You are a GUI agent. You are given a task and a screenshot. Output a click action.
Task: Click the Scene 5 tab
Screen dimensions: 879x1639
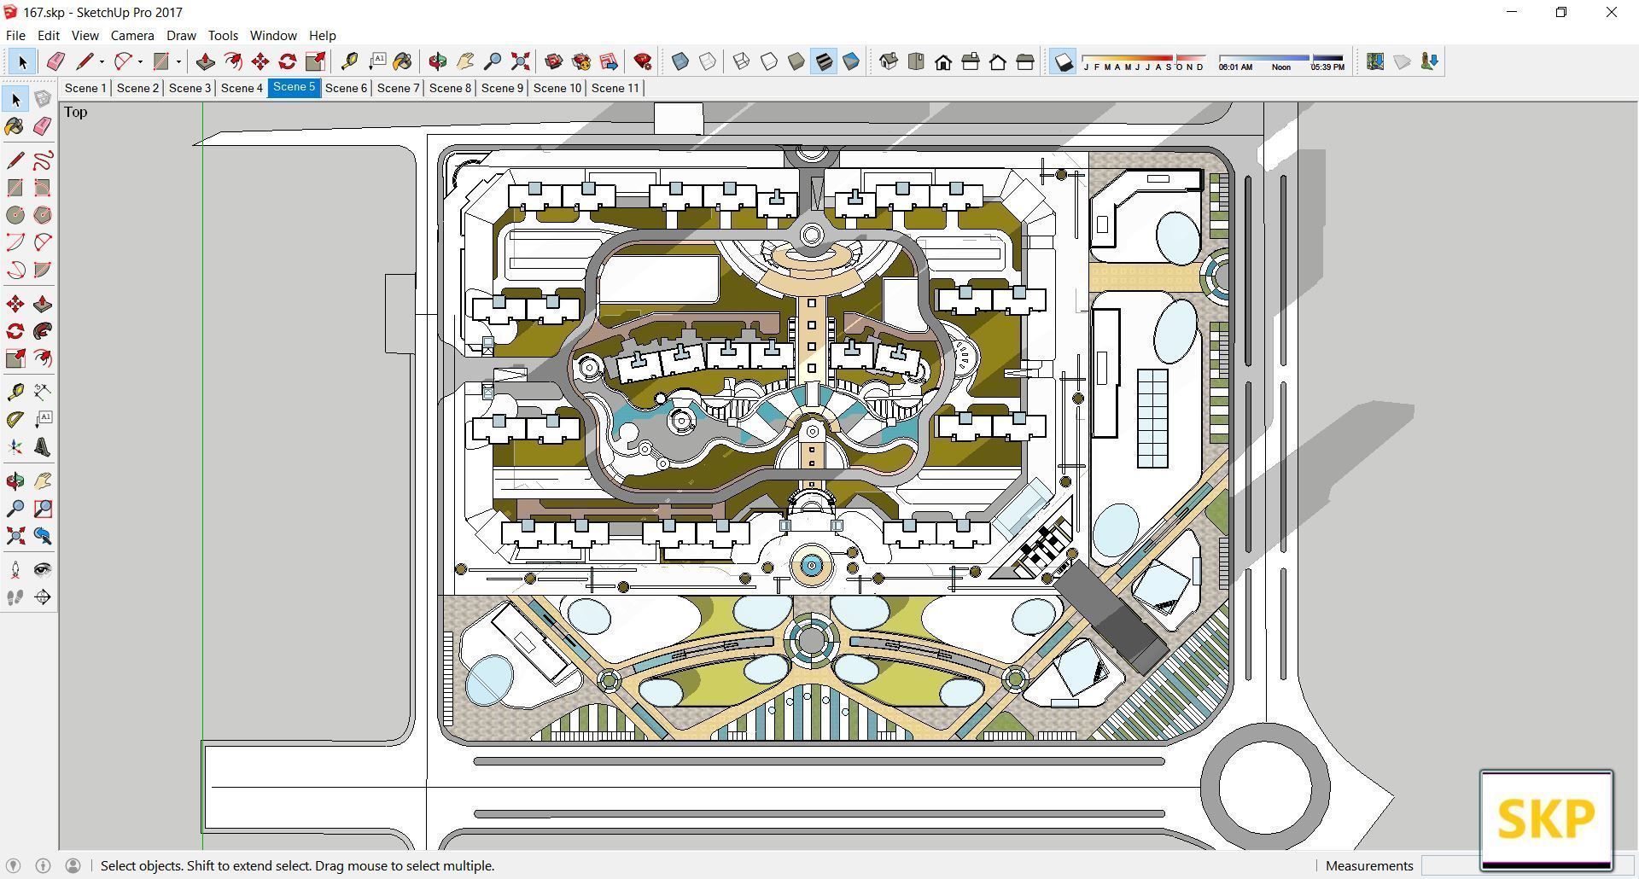[x=294, y=87]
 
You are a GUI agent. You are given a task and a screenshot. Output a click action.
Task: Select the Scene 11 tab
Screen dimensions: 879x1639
[x=615, y=88]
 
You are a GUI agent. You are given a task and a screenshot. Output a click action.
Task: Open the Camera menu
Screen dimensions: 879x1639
[x=132, y=35]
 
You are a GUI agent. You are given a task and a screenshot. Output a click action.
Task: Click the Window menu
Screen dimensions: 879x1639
[x=272, y=35]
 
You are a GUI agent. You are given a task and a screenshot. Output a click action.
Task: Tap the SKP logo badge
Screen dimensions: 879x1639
[x=1546, y=819]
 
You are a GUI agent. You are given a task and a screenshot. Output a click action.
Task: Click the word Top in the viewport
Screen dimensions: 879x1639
[x=75, y=112]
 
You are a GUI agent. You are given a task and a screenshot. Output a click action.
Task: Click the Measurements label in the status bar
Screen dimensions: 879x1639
[x=1369, y=865]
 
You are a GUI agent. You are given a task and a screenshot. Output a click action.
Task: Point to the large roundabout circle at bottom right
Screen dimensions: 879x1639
[x=1264, y=788]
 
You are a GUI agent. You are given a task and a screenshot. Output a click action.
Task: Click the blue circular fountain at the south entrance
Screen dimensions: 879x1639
[x=811, y=565]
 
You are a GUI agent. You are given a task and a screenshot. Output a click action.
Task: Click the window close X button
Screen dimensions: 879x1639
[x=1611, y=12]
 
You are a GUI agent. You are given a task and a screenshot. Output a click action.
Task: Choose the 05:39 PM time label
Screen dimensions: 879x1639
[x=1327, y=67]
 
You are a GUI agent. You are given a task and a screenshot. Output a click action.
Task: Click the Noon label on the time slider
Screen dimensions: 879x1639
[x=1280, y=67]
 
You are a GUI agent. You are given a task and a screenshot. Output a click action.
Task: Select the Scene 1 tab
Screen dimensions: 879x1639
[x=85, y=88]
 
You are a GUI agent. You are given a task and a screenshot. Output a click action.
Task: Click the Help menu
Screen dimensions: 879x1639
[x=322, y=35]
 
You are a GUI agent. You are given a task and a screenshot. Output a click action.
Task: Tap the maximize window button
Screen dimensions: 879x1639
[x=1561, y=12]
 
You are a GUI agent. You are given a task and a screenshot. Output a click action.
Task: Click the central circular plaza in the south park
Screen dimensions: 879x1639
[x=811, y=640]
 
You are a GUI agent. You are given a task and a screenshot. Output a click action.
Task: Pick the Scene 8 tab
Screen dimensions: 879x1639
[x=450, y=88]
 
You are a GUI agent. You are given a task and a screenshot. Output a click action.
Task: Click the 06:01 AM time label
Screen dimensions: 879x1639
[x=1235, y=67]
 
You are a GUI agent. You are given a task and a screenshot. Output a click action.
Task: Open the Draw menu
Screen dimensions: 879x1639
[x=181, y=35]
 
